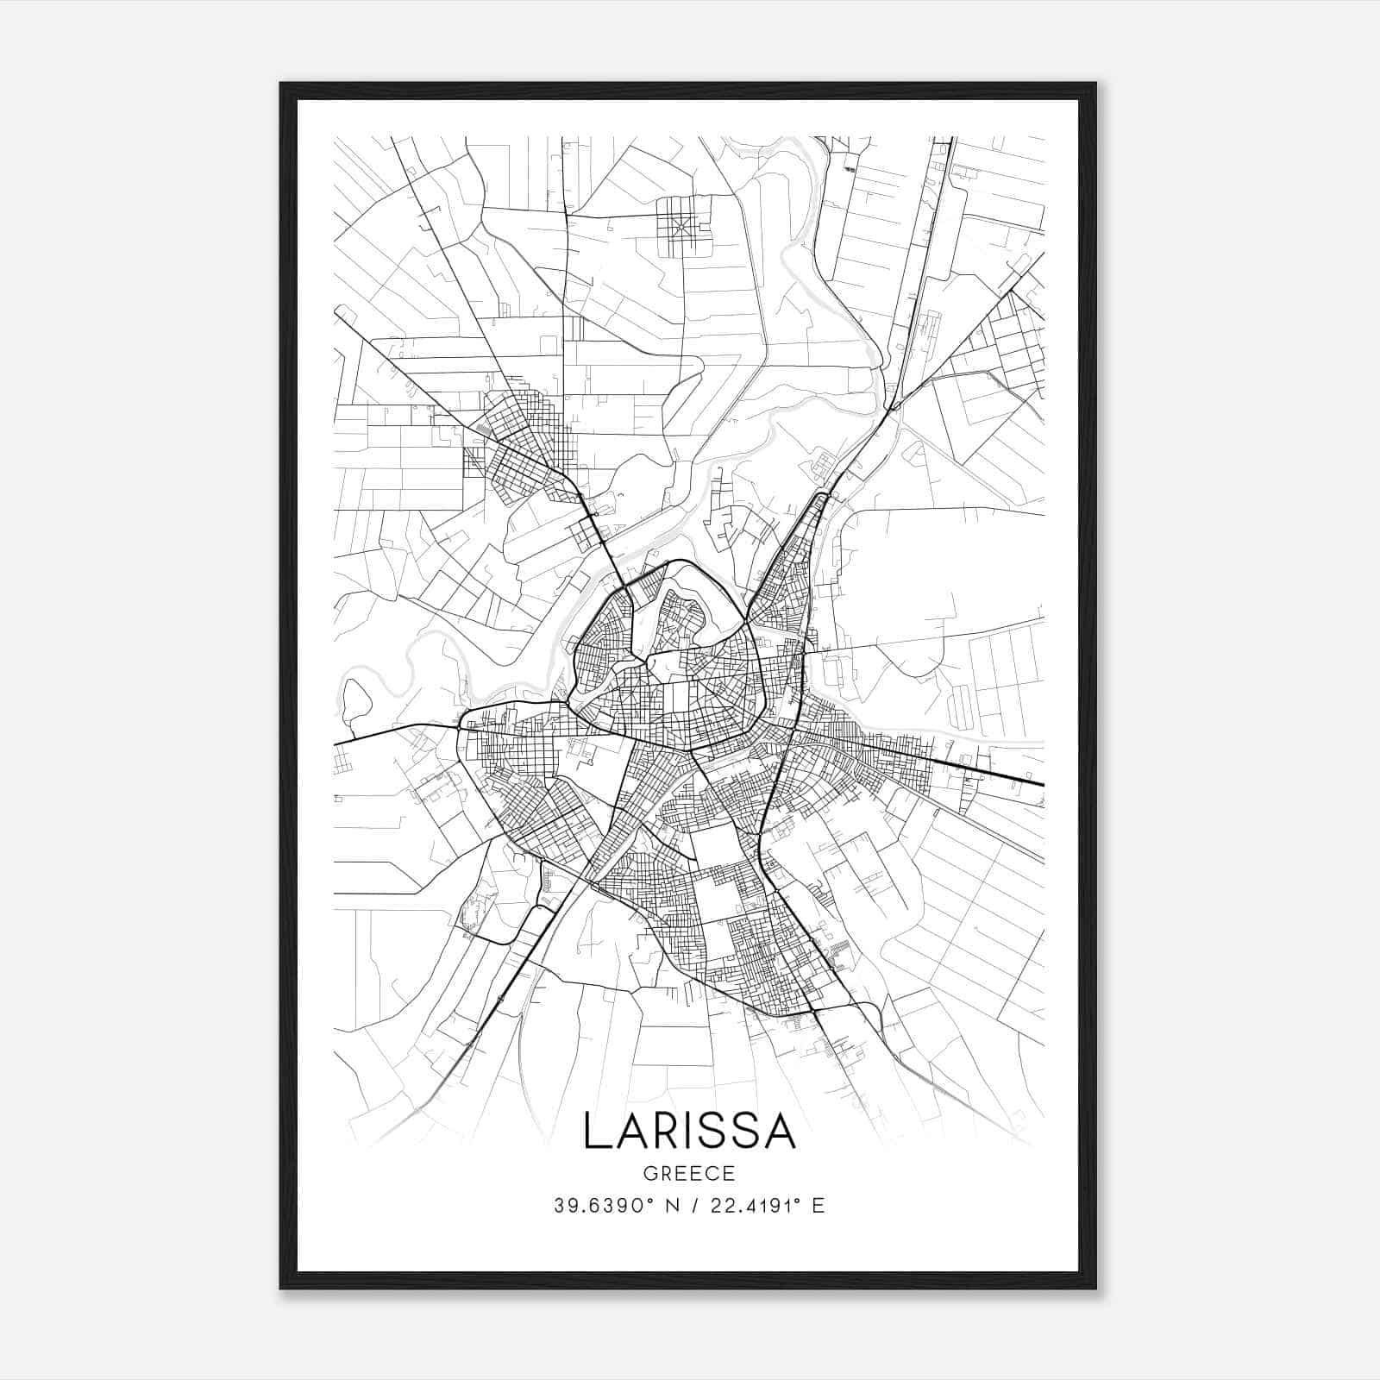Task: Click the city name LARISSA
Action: (689, 1131)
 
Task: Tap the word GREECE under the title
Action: (689, 1174)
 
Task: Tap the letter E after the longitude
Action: (819, 1206)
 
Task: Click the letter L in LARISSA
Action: (598, 1131)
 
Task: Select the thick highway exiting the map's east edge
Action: (1018, 780)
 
